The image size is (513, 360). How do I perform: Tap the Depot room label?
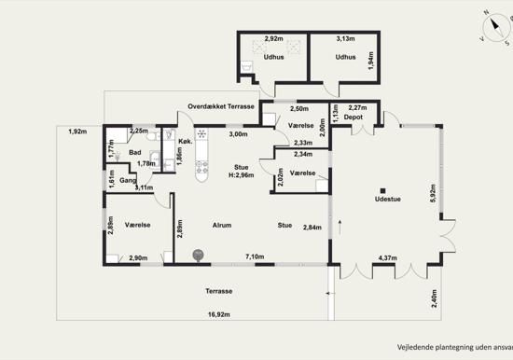[353, 118]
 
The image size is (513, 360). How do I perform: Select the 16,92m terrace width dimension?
[219, 314]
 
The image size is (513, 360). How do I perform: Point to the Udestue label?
[388, 199]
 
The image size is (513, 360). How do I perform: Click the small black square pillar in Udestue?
[383, 191]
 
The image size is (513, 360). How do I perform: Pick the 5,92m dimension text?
[433, 195]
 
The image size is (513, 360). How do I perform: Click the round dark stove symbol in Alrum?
[198, 255]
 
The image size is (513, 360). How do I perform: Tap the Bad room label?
[135, 153]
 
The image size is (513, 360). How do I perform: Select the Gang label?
[128, 180]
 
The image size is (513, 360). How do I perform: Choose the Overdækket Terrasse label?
[221, 106]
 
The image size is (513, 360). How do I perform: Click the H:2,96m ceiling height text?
[242, 175]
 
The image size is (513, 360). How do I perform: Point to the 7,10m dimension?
[255, 256]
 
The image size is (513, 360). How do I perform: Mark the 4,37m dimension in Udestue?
[388, 258]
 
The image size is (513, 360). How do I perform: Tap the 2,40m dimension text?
[434, 298]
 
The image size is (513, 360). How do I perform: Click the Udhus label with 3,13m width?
[345, 57]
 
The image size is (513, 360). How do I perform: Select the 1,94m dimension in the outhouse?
[370, 61]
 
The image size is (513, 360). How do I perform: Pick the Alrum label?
[222, 225]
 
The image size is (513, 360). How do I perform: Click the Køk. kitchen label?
[186, 142]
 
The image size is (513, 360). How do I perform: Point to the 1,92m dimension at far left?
[77, 132]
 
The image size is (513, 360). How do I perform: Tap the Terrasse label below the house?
[219, 291]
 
